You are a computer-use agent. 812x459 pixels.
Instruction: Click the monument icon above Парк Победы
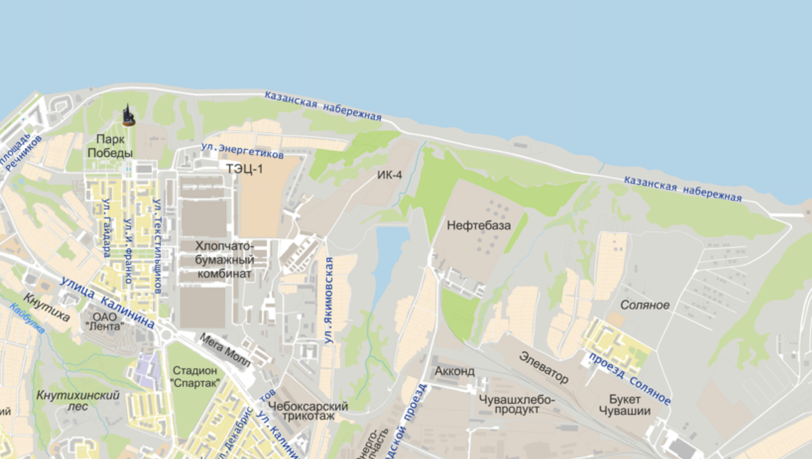pos(128,116)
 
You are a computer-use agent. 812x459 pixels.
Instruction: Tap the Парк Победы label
pos(110,146)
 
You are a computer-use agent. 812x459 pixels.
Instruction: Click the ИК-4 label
pos(390,176)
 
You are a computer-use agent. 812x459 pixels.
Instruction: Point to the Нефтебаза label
pos(479,225)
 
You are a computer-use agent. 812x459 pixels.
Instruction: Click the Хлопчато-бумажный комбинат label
pos(225,260)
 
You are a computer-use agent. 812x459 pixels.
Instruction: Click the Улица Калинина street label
pos(107,301)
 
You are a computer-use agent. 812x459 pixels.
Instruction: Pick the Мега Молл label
pos(225,349)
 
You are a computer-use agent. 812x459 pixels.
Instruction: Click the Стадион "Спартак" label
pos(196,377)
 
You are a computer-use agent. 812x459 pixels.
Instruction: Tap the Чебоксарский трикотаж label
pos(308,412)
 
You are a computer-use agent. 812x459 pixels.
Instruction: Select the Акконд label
pos(454,371)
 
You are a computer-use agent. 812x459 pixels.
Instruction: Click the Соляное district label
pos(645,305)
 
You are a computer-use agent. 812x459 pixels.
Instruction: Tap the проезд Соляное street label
pos(630,379)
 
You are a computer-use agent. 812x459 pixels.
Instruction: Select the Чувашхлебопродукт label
pos(517,404)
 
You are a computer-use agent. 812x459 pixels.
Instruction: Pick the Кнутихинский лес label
pos(69,401)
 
